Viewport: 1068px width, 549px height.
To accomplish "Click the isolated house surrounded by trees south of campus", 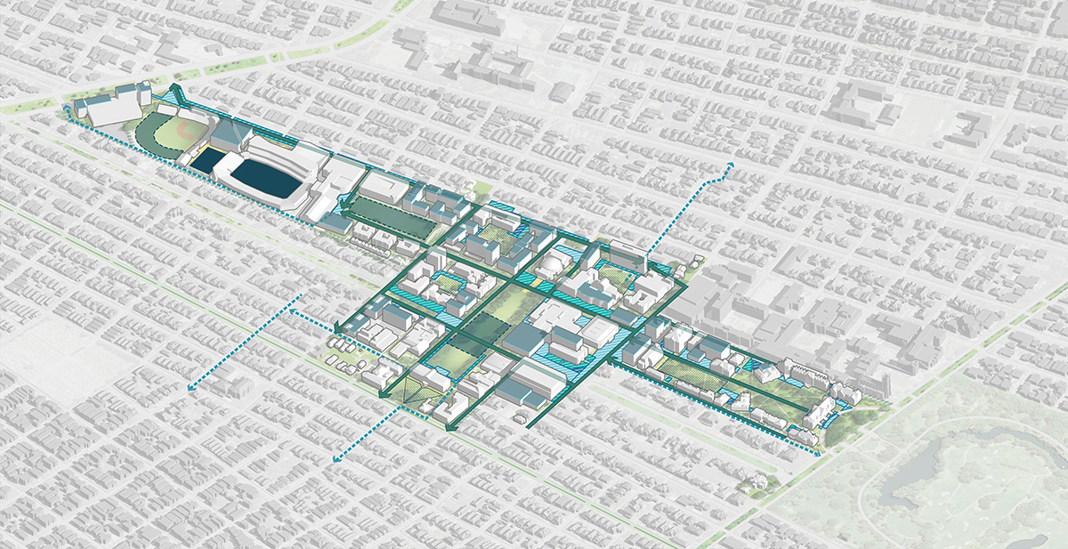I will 758,483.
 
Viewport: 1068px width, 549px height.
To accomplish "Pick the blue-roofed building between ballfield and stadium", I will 222,135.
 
